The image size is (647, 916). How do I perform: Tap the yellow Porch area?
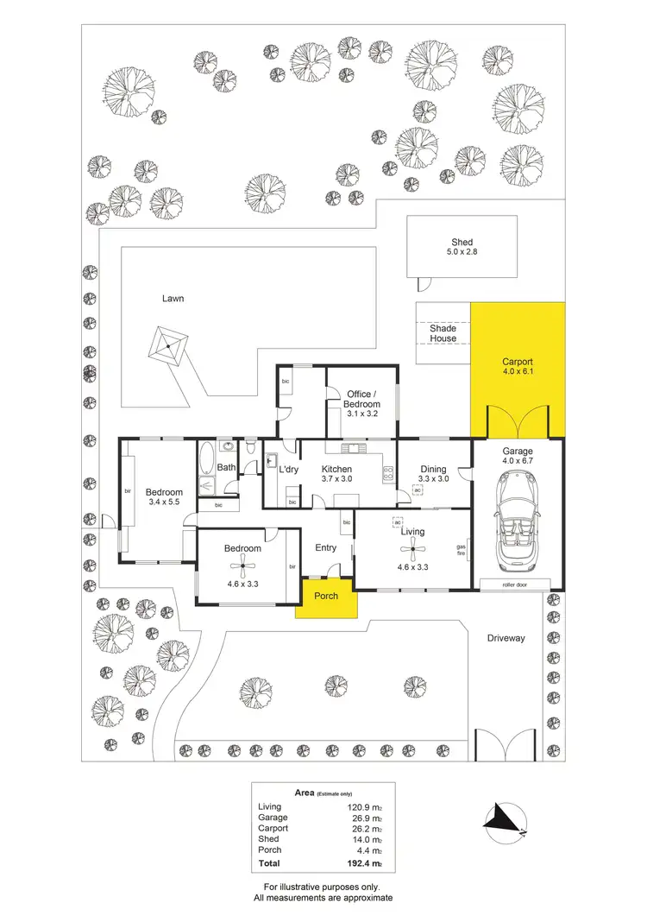[327, 597]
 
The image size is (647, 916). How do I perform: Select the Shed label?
[462, 243]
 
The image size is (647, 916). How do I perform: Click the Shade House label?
[443, 333]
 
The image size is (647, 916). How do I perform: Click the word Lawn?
[173, 299]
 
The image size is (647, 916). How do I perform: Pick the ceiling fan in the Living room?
[411, 550]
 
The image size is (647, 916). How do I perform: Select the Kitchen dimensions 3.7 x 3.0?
[337, 479]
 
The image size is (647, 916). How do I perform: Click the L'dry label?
[288, 469]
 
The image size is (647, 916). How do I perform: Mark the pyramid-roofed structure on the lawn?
[166, 345]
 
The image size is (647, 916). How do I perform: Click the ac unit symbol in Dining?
[418, 490]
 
